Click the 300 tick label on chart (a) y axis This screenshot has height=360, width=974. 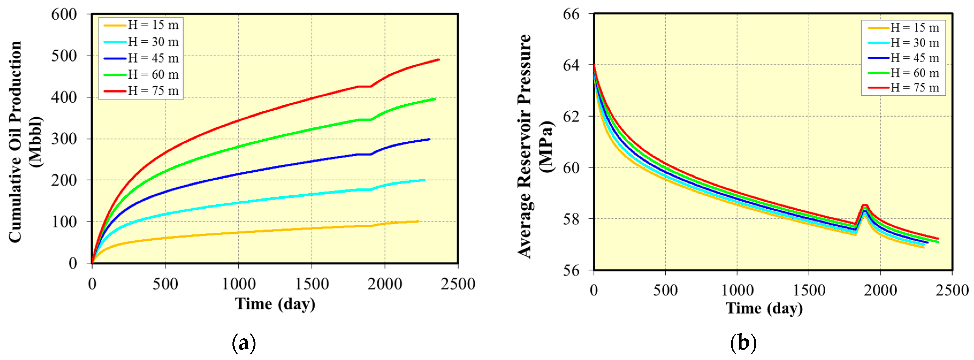coord(64,139)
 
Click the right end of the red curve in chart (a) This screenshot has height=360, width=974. coord(439,60)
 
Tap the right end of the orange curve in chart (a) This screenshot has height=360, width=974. coord(418,221)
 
